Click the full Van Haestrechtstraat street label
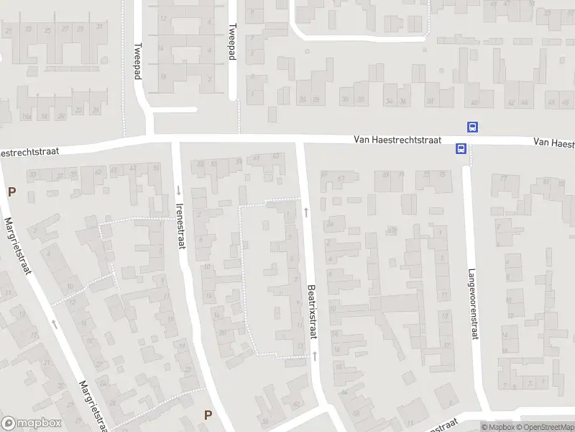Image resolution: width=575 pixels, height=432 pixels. point(404,142)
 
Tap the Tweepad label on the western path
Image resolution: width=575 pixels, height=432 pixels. point(137,62)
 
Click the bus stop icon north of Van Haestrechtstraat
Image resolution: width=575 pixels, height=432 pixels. point(473,127)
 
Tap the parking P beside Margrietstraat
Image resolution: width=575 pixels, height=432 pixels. point(11,192)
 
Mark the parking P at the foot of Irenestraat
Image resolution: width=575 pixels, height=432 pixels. point(208,414)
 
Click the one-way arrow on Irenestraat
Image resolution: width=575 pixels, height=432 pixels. point(178,190)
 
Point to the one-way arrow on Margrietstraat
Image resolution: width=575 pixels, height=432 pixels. point(54,323)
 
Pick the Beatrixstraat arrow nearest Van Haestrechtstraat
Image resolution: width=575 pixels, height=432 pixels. point(307,211)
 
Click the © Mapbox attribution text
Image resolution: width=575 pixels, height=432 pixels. point(499,427)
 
